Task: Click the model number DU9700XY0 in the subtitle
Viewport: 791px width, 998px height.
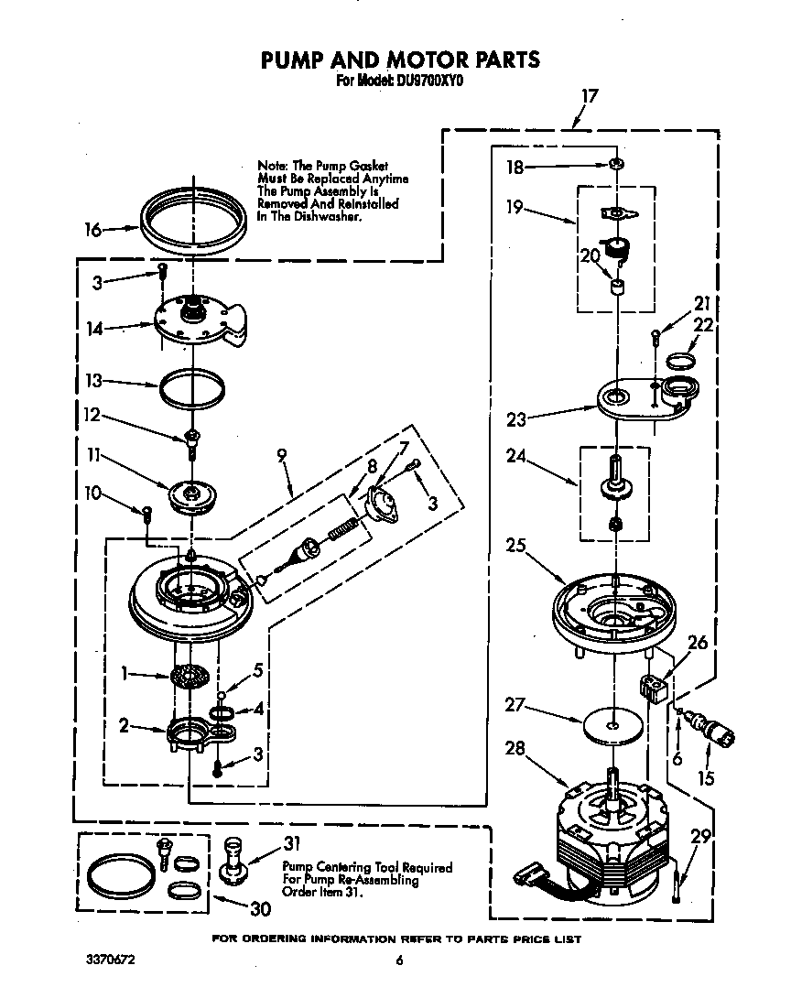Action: (429, 80)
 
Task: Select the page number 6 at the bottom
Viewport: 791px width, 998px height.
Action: (399, 960)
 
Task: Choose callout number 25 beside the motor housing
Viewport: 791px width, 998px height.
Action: (515, 547)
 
